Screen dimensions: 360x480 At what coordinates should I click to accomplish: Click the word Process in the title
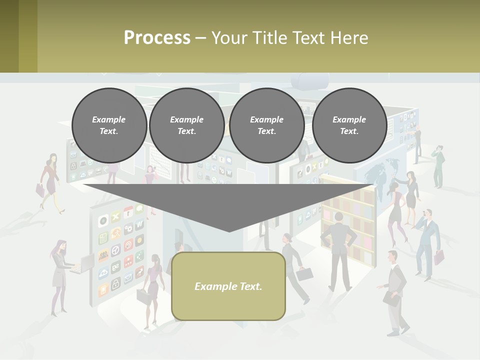[x=157, y=37]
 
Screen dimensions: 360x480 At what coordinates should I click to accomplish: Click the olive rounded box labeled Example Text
[x=228, y=286]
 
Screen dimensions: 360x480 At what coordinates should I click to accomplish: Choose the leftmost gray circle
[x=109, y=125]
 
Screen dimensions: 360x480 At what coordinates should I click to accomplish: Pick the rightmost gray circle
[x=349, y=125]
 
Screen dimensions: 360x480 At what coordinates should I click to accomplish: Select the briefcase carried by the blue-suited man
[x=439, y=257]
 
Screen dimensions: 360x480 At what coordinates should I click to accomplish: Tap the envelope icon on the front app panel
[x=128, y=275]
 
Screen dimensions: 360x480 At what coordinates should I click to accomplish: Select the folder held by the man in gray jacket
[x=391, y=298]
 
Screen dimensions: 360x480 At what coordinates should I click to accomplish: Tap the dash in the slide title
[x=200, y=37]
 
